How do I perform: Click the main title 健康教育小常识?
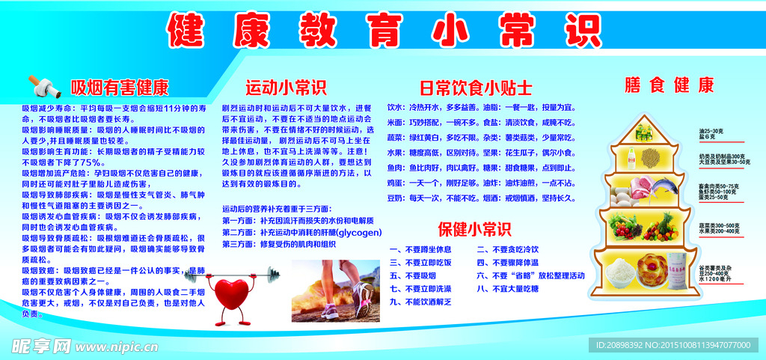point(383,29)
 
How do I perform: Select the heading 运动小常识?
point(286,87)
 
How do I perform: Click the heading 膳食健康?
point(670,85)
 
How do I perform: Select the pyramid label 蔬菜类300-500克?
point(717,225)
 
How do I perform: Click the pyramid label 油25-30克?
point(710,131)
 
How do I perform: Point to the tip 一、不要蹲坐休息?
point(420,249)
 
